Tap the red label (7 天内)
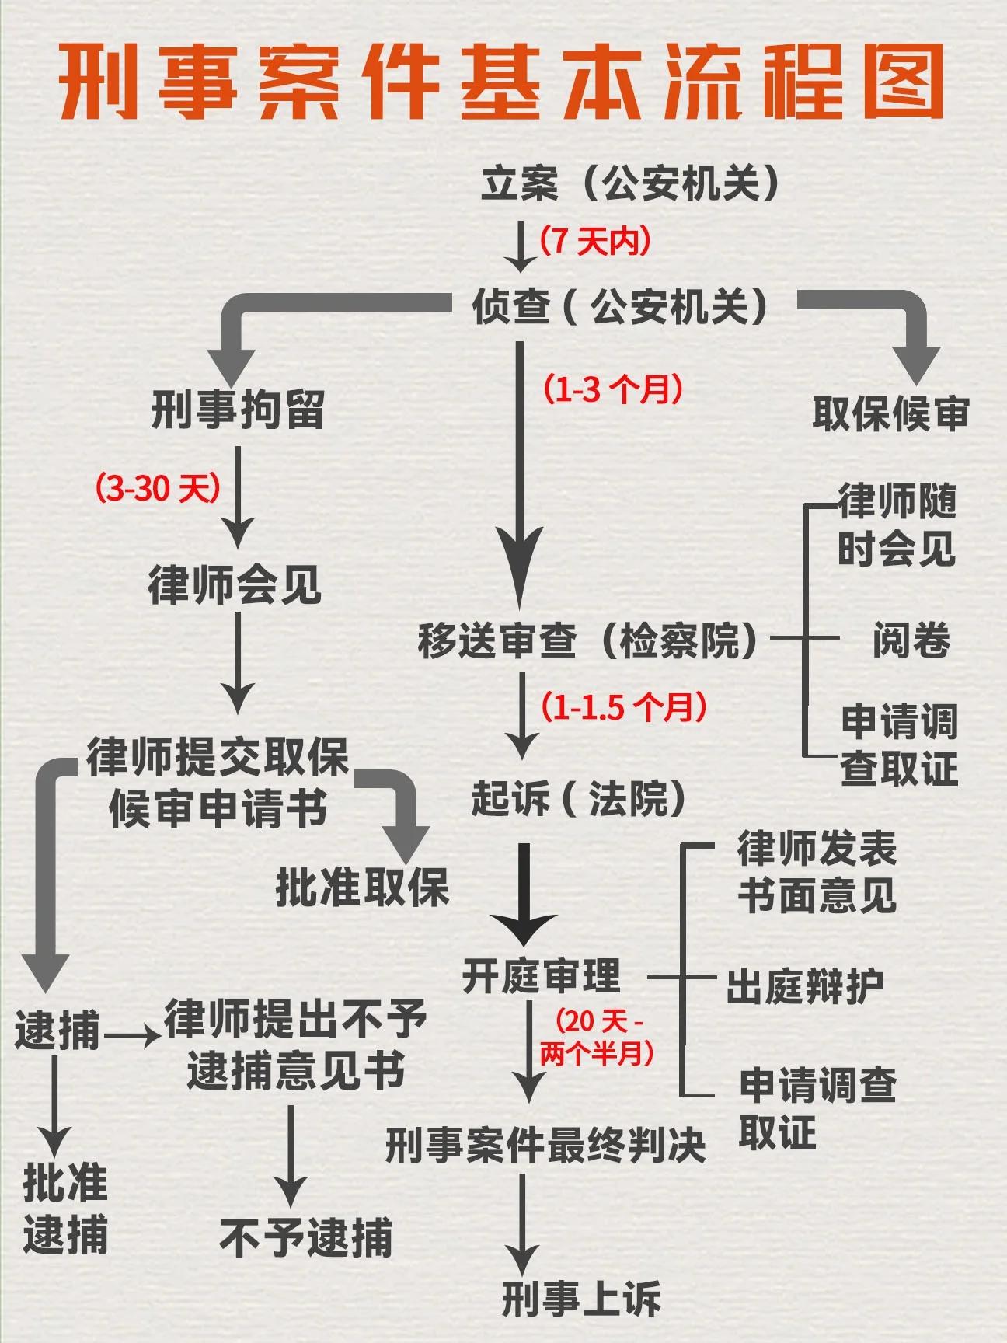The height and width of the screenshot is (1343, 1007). pos(595,241)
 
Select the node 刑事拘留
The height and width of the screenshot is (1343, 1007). pos(237,410)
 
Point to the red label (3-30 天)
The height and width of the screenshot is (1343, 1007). pos(158,488)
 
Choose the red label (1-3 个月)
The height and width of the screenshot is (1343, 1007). pos(613,388)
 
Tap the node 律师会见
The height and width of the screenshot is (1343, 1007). pos(235,585)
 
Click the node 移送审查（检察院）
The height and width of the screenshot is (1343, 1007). pos(587,641)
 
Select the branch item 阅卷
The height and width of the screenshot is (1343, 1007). pos(911,641)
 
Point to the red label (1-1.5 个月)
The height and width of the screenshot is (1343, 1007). pos(624,706)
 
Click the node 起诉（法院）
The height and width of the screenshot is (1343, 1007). pos(579,798)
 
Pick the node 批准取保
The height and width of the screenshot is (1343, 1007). pos(362,887)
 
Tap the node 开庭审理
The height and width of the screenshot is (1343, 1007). pos(542,976)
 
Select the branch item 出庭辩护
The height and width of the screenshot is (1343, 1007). pos(805,986)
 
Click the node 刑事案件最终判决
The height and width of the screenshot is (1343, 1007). pos(545,1145)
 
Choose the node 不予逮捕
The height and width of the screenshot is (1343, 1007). pos(306,1237)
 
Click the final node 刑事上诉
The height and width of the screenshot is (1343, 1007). pos(581,1299)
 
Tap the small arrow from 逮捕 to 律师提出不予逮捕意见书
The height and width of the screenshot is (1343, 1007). pos(133,1036)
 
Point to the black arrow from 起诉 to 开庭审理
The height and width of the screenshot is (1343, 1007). pos(524,894)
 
